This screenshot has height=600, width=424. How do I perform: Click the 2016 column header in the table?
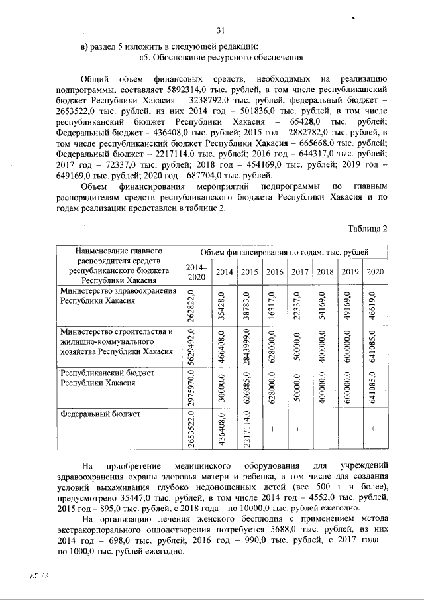(274, 272)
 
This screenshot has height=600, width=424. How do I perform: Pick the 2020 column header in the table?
(375, 272)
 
